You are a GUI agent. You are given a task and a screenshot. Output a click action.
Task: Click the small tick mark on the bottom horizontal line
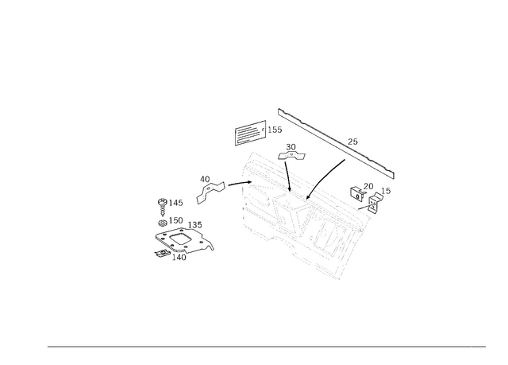(x=471, y=346)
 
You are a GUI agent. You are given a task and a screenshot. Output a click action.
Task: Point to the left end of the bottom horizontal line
(x=46, y=346)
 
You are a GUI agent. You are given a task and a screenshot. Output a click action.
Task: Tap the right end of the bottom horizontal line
(x=487, y=346)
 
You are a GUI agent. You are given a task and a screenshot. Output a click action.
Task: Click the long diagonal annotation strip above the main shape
(x=337, y=141)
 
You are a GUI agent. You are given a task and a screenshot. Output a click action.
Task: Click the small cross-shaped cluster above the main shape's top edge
(x=292, y=149)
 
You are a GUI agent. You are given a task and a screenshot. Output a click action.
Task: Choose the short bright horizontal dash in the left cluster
(x=174, y=215)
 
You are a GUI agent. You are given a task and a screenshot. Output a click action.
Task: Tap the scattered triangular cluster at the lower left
(x=183, y=239)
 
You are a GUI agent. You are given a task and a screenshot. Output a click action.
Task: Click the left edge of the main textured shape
(x=242, y=191)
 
